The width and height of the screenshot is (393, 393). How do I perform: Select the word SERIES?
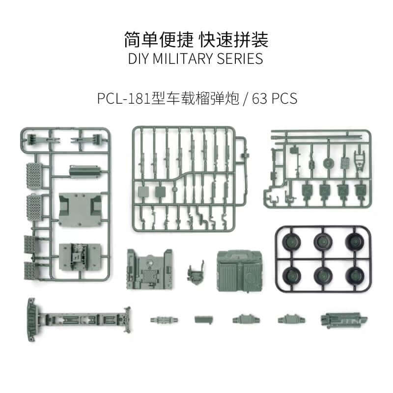(240, 58)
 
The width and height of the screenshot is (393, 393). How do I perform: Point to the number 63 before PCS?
(259, 99)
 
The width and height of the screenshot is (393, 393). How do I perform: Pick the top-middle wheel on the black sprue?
(321, 241)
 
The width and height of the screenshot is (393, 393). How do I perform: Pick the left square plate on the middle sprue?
(143, 191)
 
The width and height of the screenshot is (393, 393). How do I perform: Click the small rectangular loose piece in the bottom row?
(203, 319)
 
